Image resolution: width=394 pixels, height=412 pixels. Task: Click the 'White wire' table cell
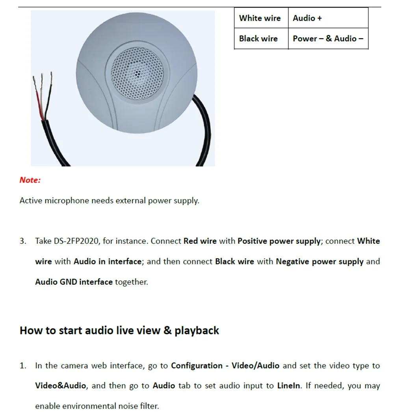tap(261, 18)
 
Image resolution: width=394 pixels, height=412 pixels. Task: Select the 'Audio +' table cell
tap(328, 18)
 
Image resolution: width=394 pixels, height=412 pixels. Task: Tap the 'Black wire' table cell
tap(261, 39)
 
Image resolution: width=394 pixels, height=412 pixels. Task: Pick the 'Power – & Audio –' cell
tap(328, 39)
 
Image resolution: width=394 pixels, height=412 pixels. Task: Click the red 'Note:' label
tap(30, 180)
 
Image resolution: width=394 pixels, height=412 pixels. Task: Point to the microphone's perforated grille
tap(137, 73)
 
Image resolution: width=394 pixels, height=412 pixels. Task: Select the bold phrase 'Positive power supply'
tap(279, 241)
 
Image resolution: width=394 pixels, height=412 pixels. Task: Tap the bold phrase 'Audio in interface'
tap(108, 261)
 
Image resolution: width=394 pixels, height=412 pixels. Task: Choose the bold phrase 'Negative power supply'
tap(320, 262)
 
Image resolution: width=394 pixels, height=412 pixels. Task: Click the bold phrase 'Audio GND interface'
tap(74, 282)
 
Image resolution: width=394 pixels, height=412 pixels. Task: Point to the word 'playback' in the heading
tap(197, 331)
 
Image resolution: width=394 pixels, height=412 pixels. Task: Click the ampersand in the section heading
tap(167, 330)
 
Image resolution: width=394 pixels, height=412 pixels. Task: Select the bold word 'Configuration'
tap(197, 366)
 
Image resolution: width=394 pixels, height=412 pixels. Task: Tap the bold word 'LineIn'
tap(288, 386)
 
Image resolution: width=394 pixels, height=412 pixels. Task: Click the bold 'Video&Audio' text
tap(60, 386)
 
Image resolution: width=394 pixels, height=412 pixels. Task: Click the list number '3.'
tap(23, 241)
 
